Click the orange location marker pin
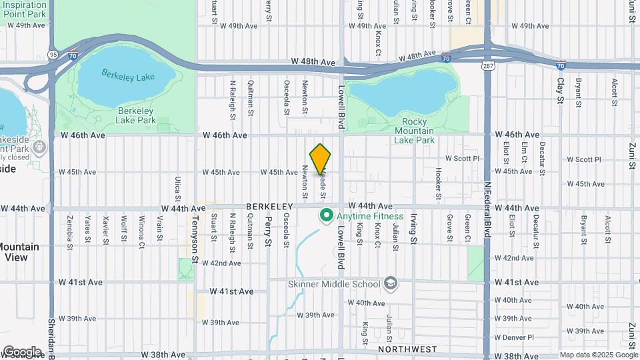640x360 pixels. pos(321,159)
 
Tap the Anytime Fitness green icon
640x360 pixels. pos(327,215)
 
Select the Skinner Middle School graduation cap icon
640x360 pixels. pos(391,284)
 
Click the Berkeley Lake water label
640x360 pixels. pos(129,75)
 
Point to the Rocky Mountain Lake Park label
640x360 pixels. pos(414,131)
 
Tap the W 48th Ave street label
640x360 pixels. pos(313,61)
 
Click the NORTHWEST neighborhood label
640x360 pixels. pos(407,349)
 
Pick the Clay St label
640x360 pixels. pos(560,89)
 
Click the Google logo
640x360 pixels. pos(21,351)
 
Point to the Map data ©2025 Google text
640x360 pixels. pos(597,355)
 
